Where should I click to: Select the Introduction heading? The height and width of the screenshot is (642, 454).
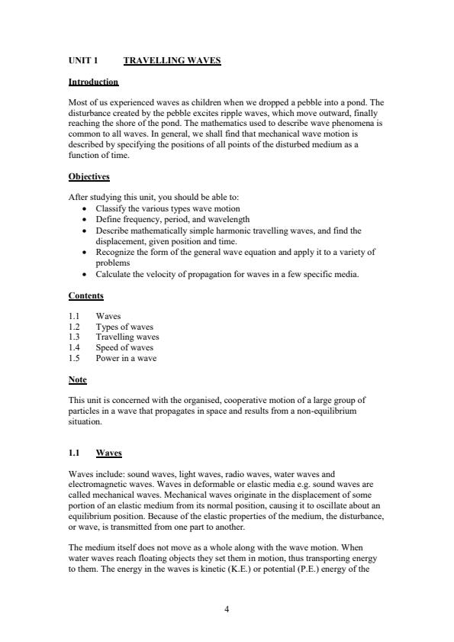coord(93,82)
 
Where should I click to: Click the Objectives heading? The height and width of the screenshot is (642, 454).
coord(89,177)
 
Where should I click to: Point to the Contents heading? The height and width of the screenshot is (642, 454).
coord(86,295)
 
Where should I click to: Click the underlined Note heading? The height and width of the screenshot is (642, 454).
coord(78,379)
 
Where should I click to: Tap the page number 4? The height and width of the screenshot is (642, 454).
coord(227,608)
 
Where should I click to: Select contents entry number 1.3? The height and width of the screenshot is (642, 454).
coord(74,337)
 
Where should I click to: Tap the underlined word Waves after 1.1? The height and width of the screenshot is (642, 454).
coord(108,453)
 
